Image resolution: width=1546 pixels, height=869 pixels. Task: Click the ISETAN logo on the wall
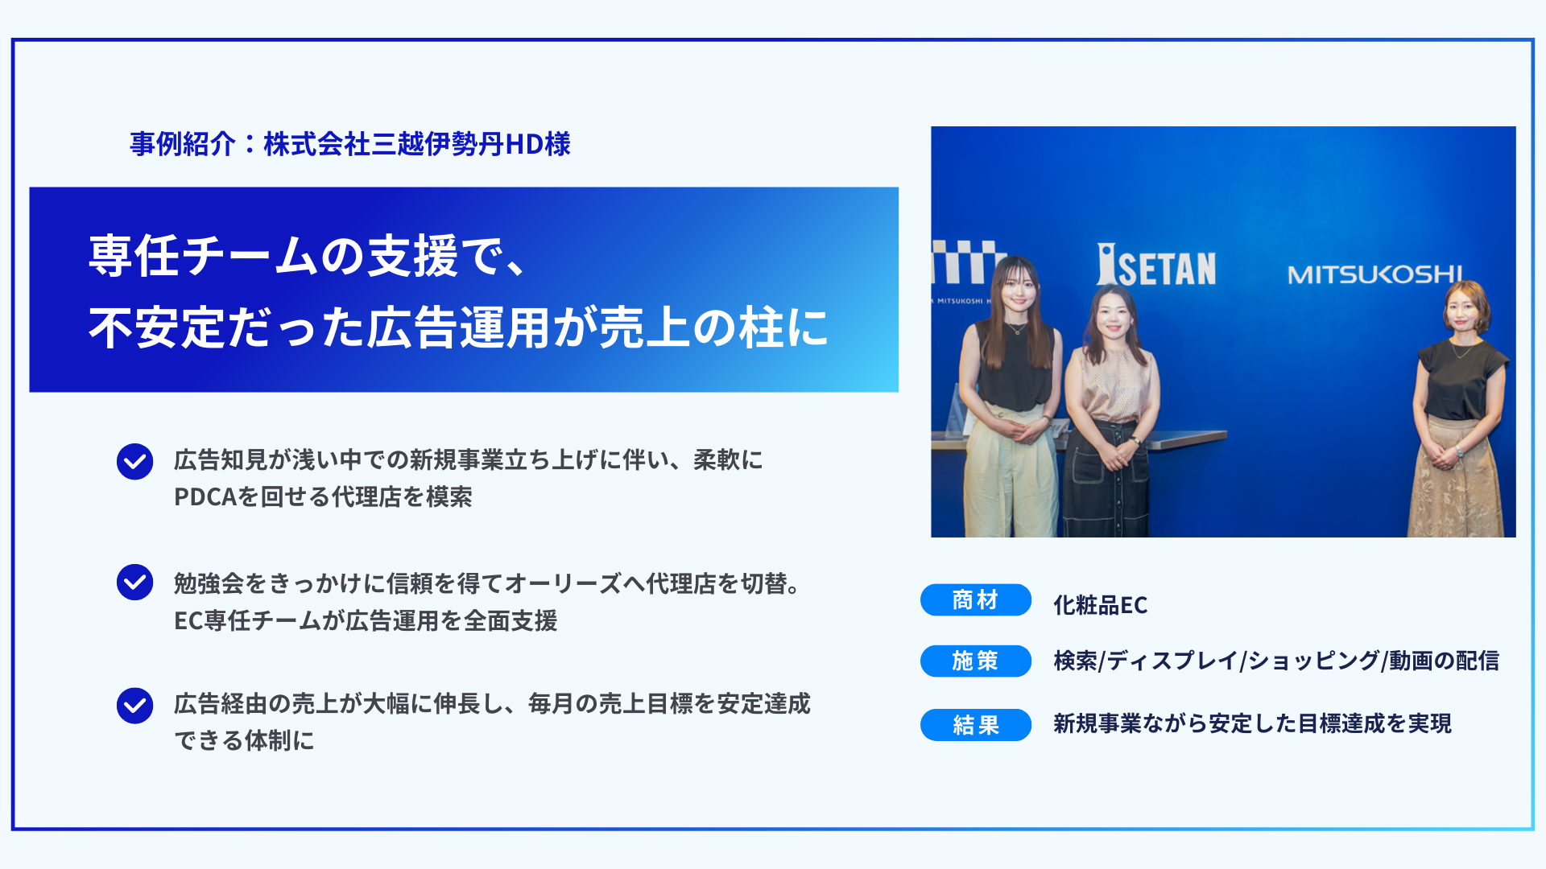1156,266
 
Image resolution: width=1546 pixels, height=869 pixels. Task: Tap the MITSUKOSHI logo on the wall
1374,274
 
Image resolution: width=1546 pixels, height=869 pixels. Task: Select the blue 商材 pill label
975,600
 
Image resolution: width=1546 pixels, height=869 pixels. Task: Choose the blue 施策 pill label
975,661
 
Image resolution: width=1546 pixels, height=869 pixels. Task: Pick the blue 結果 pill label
975,725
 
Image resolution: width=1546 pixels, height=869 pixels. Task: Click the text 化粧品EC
1100,605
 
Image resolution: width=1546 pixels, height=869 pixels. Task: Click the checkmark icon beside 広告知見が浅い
134,462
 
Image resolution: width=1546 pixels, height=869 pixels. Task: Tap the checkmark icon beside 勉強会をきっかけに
134,582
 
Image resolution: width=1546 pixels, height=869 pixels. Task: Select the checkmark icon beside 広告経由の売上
134,706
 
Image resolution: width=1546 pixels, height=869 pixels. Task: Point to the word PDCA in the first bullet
205,497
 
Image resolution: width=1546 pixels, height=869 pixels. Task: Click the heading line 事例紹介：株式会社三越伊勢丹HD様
350,144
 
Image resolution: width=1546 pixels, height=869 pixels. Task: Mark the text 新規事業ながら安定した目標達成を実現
1252,724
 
